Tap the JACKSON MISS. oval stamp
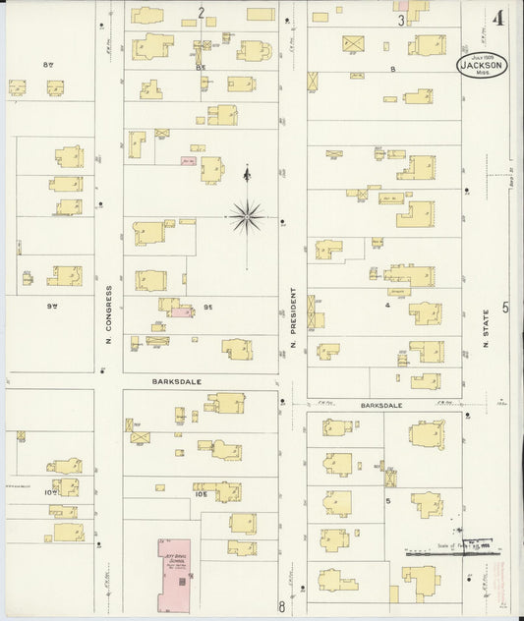(x=481, y=64)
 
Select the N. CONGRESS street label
(x=108, y=314)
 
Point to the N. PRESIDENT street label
(x=292, y=320)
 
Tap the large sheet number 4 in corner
(x=499, y=18)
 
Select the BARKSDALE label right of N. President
(x=382, y=403)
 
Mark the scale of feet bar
(x=452, y=553)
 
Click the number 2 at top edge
(x=200, y=13)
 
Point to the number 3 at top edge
(x=401, y=20)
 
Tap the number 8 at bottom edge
(x=281, y=606)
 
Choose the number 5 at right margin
(x=506, y=308)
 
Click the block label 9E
(x=208, y=307)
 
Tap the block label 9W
(x=51, y=306)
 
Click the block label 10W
(x=48, y=468)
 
